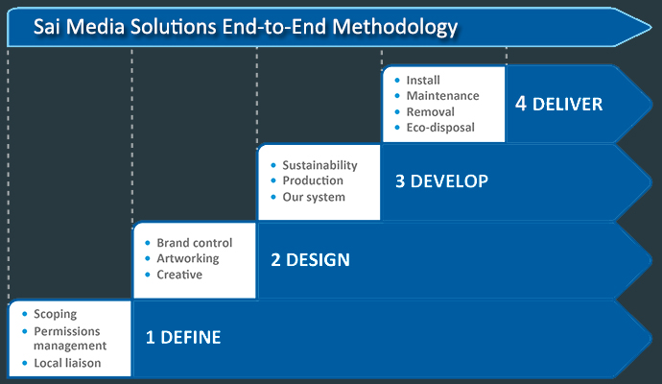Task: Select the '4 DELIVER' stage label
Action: (x=558, y=104)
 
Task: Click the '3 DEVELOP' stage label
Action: (x=441, y=180)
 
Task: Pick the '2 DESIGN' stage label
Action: (x=309, y=259)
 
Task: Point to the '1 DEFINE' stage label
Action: (x=182, y=337)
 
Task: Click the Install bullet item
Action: (x=423, y=81)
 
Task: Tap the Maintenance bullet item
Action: (x=442, y=96)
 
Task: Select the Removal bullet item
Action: (x=430, y=111)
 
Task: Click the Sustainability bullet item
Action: (x=319, y=165)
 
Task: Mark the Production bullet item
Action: (x=313, y=180)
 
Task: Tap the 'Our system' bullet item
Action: (x=314, y=197)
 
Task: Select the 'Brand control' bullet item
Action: (x=194, y=243)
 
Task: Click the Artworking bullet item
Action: (x=188, y=258)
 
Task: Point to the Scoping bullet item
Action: (x=55, y=314)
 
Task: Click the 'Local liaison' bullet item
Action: (x=67, y=363)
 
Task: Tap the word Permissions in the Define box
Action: (x=67, y=329)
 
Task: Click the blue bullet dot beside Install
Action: (x=396, y=81)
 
